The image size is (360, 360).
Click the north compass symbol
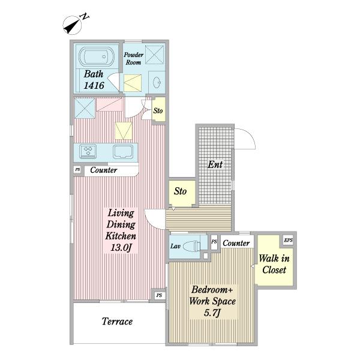pyautogui.click(x=73, y=25)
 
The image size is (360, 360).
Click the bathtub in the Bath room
pyautogui.click(x=97, y=56)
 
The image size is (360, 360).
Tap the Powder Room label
pyautogui.click(x=133, y=59)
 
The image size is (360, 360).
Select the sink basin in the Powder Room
pyautogui.click(x=157, y=82)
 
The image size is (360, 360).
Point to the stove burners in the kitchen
pyautogui.click(x=88, y=151)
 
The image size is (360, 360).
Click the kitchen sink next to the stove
pyautogui.click(x=123, y=152)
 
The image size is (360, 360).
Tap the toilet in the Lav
pyautogui.click(x=192, y=245)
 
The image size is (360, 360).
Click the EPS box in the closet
pyautogui.click(x=288, y=240)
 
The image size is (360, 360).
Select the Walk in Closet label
pyautogui.click(x=274, y=264)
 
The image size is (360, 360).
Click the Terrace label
pyautogui.click(x=117, y=322)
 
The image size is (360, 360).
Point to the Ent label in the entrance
pyautogui.click(x=215, y=164)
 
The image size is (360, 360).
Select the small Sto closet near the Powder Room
pyautogui.click(x=158, y=110)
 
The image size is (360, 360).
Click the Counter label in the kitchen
pyautogui.click(x=104, y=170)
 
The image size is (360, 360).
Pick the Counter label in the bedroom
pyautogui.click(x=236, y=243)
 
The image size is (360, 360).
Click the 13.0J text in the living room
pyautogui.click(x=121, y=247)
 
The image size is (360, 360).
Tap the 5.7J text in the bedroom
pyautogui.click(x=212, y=313)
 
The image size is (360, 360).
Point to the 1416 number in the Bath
pyautogui.click(x=94, y=86)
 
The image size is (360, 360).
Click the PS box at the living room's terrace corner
pyautogui.click(x=159, y=295)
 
